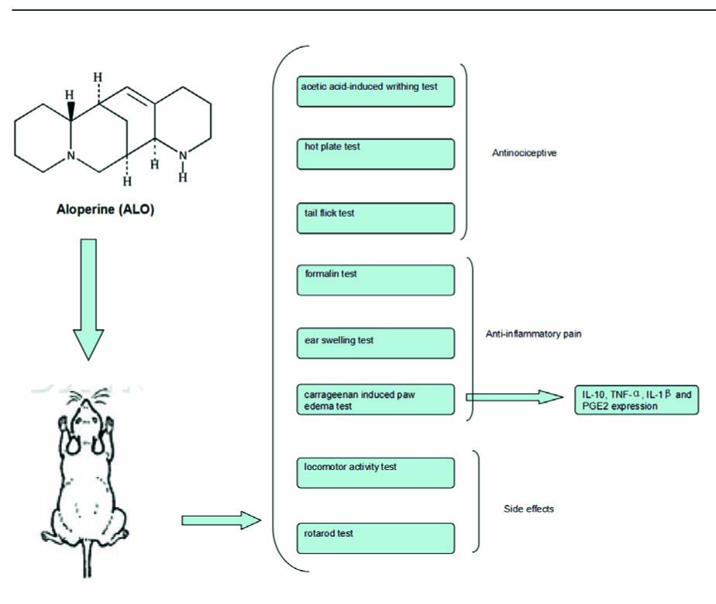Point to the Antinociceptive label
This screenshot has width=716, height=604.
click(x=525, y=153)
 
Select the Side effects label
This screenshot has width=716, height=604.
click(x=528, y=509)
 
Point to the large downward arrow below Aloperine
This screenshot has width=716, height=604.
click(x=90, y=298)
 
